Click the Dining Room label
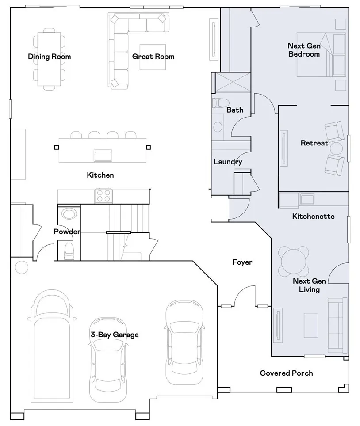[49, 57]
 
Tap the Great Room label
[153, 57]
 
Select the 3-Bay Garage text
[115, 335]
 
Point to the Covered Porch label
[286, 373]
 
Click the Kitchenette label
[313, 217]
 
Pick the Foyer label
[242, 262]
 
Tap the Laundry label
[228, 162]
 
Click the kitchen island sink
[102, 155]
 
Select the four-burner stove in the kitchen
[103, 195]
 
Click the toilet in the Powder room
[69, 251]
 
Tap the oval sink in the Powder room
[69, 214]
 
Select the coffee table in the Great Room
[153, 57]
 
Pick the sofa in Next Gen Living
[337, 325]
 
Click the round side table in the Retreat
[337, 148]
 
